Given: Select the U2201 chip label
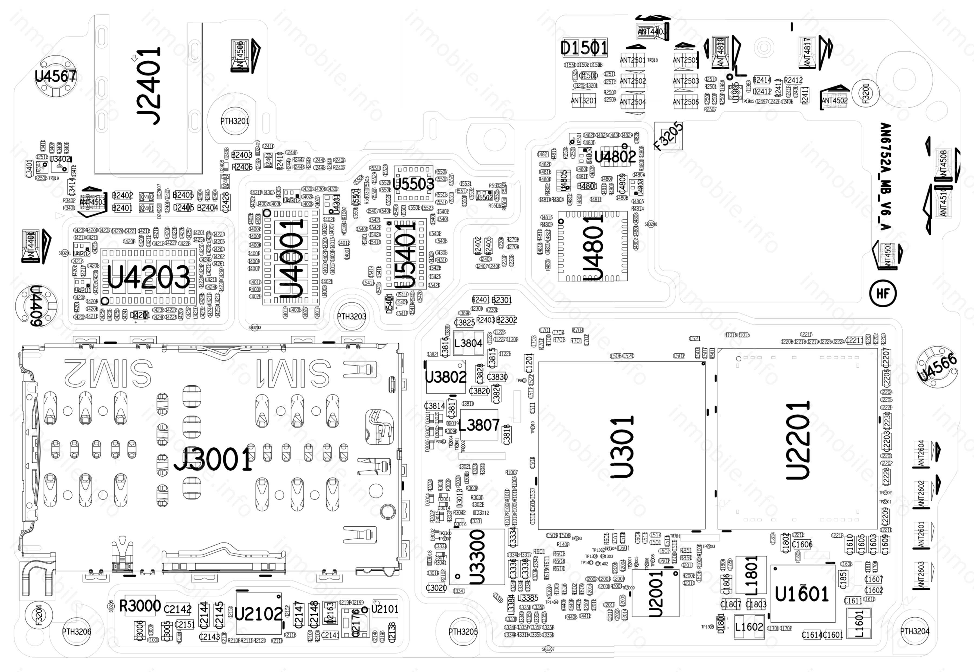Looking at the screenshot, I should [x=798, y=440].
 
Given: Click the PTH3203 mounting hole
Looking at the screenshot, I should [x=351, y=316].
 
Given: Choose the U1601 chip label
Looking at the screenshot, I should [x=801, y=594].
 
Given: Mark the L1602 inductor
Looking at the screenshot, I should [x=749, y=627].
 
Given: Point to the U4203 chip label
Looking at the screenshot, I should [x=148, y=277].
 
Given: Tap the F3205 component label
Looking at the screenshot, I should [x=668, y=136].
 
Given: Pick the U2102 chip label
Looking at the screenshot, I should [x=258, y=614].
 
